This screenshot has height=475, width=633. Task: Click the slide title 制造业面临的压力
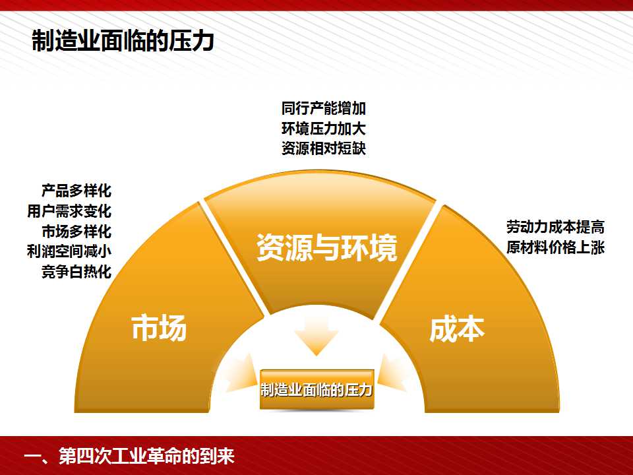point(123,40)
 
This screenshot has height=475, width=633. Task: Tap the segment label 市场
point(159,328)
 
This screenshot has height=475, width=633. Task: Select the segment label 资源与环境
point(327,247)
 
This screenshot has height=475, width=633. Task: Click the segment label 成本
point(456,329)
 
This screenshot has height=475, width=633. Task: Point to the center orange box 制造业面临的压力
point(316,389)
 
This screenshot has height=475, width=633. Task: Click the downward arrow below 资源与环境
point(316,335)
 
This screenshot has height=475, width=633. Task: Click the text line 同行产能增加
point(324,108)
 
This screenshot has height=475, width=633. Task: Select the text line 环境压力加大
point(324,129)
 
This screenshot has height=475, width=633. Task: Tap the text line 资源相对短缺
point(324,148)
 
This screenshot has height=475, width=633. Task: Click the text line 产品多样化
point(76,190)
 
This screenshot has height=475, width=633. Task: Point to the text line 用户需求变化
point(69,211)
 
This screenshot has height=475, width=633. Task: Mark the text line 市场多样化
point(76,232)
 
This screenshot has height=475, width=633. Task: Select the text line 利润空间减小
point(69,251)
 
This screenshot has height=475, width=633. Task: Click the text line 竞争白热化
point(76,271)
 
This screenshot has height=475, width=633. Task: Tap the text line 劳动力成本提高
point(555,227)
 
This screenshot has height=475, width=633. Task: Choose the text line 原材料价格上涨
point(555,247)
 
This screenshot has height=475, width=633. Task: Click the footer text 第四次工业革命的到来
point(146,456)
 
